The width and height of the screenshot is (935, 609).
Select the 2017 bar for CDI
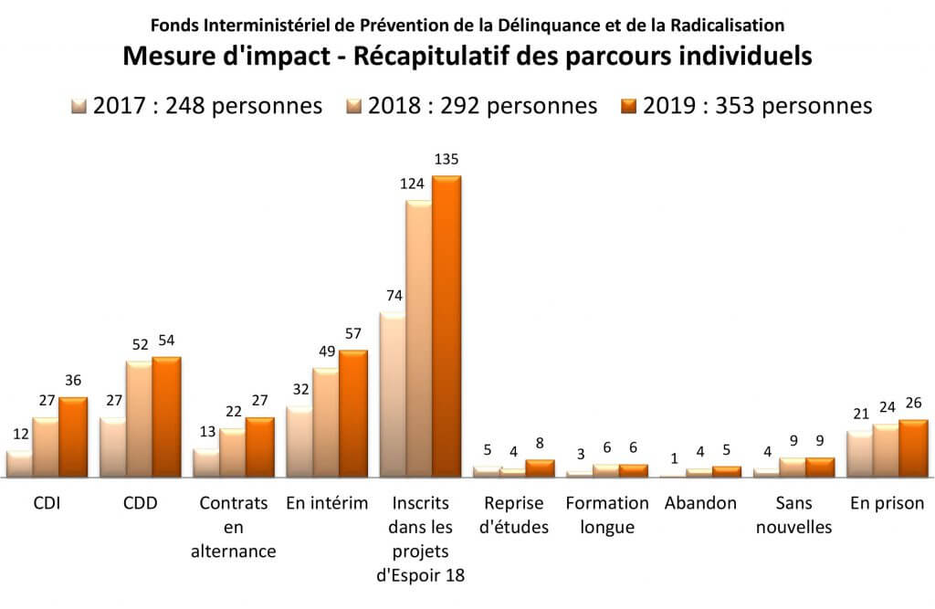point(19,464)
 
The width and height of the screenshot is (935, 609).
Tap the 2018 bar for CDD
point(140,418)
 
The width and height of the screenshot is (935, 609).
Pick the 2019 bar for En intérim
point(352,413)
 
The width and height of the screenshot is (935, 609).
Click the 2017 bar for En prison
point(860,454)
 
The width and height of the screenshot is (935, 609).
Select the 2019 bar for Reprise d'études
point(541,467)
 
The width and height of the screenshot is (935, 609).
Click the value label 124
point(413,184)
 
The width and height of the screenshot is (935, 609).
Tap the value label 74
point(393,295)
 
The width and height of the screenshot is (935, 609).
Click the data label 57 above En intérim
point(352,332)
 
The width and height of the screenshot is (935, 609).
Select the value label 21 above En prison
point(859,414)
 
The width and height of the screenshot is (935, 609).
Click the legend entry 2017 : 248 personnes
point(197,106)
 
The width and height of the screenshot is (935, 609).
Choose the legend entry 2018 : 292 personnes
point(471,106)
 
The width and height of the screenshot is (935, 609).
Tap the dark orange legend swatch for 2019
point(629,106)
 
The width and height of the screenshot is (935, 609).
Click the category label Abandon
point(700,503)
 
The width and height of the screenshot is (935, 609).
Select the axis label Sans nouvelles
point(793,515)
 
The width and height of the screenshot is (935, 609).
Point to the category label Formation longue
point(607,515)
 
